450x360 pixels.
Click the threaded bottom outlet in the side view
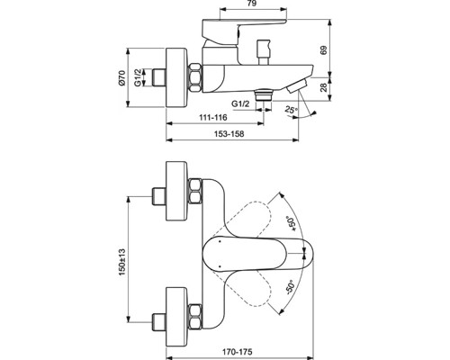(262, 93)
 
